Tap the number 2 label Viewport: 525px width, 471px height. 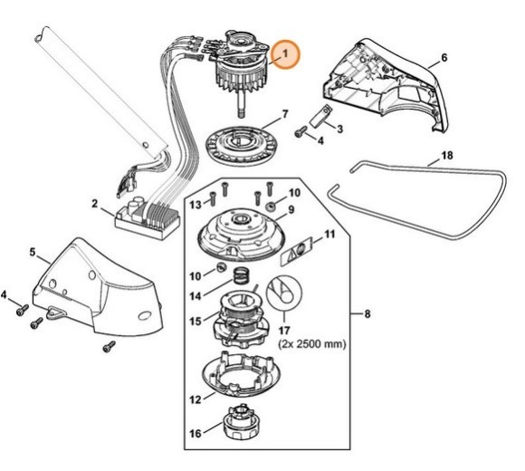click(95, 204)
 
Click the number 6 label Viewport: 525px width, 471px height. click(444, 59)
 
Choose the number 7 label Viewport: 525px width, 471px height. click(285, 114)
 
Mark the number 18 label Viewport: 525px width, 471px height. click(446, 157)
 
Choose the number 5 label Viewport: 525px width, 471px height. click(33, 252)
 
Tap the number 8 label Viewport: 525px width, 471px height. click(367, 314)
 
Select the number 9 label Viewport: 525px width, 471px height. click(292, 210)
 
